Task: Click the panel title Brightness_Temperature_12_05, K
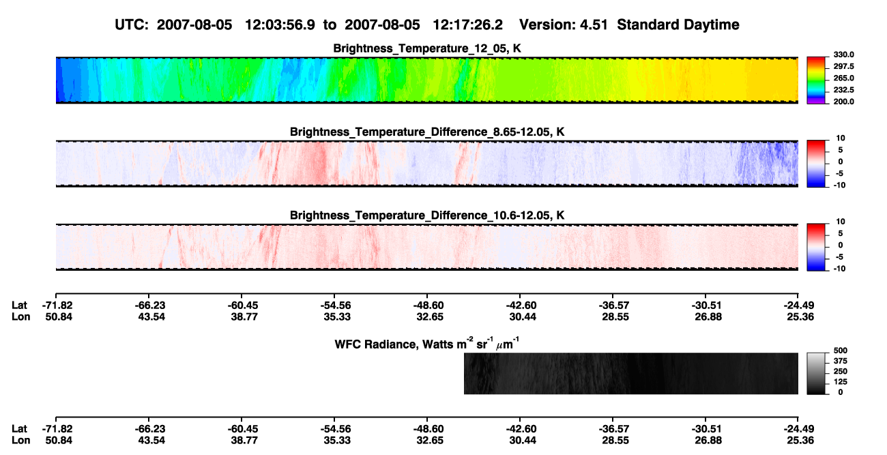[x=427, y=48]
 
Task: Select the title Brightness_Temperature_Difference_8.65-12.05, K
[x=427, y=132]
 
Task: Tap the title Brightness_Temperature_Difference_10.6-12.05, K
[x=427, y=216]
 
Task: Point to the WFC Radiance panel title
[x=427, y=343]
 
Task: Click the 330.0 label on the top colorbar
[x=843, y=55]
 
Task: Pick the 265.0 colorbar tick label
[x=843, y=78]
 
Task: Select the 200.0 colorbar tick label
[x=843, y=102]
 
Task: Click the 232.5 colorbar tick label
[x=843, y=90]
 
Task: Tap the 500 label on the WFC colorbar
[x=841, y=351]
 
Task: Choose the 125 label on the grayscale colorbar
[x=841, y=382]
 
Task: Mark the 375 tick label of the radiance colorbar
[x=841, y=361]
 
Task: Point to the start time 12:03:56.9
[x=280, y=25]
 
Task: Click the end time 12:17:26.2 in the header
[x=467, y=25]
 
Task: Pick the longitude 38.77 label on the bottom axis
[x=244, y=441]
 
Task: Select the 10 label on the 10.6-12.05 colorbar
[x=841, y=222]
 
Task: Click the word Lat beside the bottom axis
[x=19, y=429]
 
